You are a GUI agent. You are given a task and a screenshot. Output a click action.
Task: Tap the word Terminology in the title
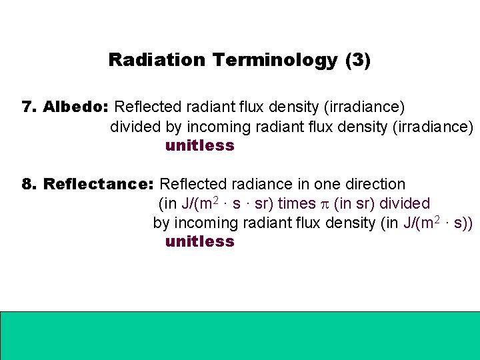(x=275, y=60)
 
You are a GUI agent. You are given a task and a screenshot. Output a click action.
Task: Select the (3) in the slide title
(x=358, y=60)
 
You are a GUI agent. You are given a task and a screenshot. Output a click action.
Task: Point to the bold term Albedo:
(x=76, y=107)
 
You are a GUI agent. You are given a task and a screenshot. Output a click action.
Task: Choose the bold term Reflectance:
(x=99, y=184)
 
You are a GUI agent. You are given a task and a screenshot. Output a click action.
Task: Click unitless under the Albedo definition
(x=200, y=145)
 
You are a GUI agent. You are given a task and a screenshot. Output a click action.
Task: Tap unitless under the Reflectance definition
(x=200, y=241)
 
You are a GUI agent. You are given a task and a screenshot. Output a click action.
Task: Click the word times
(x=297, y=203)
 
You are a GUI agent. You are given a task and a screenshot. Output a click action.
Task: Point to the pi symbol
(x=325, y=204)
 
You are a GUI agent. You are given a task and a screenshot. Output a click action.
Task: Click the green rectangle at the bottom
(x=240, y=335)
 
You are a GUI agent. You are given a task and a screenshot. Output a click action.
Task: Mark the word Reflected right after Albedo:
(x=147, y=107)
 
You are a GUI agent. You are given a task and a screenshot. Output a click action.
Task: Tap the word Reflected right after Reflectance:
(x=192, y=184)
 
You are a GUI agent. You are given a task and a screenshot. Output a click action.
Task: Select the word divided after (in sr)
(x=405, y=203)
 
